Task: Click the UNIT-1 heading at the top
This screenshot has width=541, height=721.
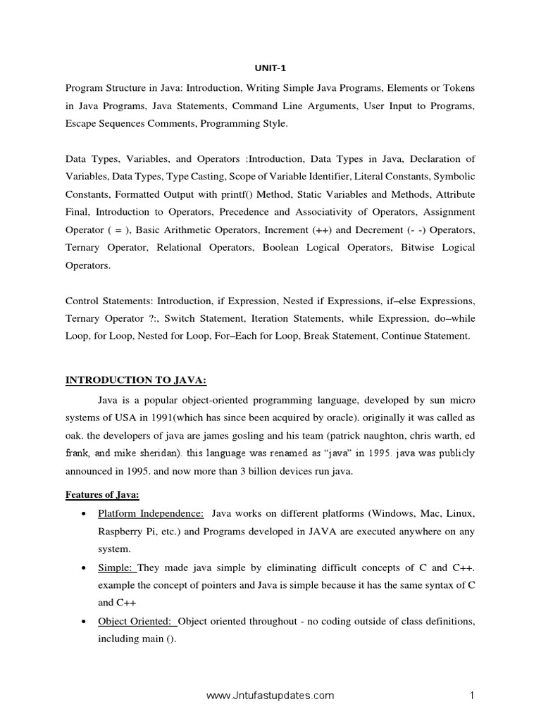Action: point(270,68)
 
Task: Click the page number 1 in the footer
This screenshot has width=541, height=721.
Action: point(473,696)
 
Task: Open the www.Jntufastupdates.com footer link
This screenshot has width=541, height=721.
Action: point(270,696)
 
